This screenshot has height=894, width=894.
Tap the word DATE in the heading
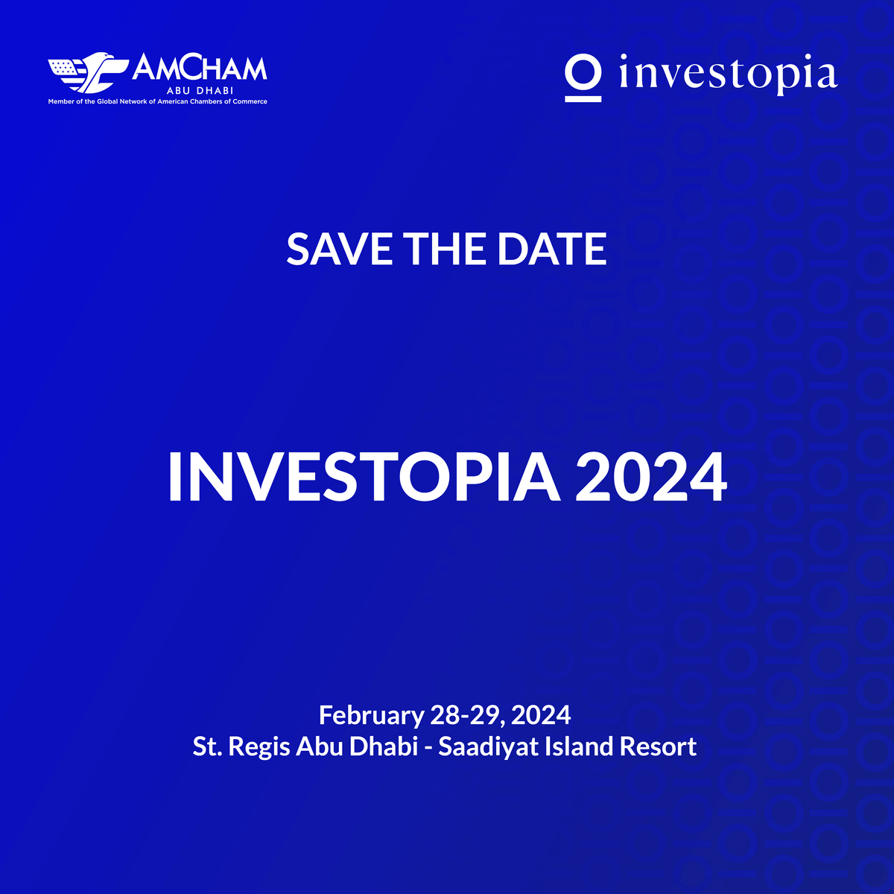pyautogui.click(x=551, y=249)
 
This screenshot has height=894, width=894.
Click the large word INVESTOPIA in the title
pyautogui.click(x=364, y=477)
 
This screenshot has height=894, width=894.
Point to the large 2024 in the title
pyautogui.click(x=651, y=477)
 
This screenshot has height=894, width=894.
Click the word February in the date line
pyautogui.click(x=372, y=716)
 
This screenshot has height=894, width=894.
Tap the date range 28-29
pyautogui.click(x=467, y=715)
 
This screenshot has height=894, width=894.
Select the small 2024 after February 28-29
pyautogui.click(x=540, y=715)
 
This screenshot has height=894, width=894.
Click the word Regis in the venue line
pyautogui.click(x=259, y=747)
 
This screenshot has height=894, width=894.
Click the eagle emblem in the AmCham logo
pyautogui.click(x=89, y=72)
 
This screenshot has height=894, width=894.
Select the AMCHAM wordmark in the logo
pyautogui.click(x=200, y=69)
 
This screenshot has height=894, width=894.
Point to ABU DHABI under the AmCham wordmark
pyautogui.click(x=200, y=90)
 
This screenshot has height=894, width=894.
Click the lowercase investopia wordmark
pyautogui.click(x=729, y=74)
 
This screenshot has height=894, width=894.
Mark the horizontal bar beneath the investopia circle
pyautogui.click(x=583, y=99)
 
